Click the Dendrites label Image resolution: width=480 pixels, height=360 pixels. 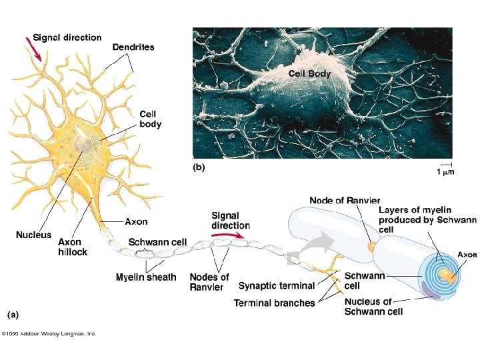coord(133,47)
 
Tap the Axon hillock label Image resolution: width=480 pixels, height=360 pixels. coord(72,247)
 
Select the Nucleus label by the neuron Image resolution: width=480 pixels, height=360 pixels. coord(33,235)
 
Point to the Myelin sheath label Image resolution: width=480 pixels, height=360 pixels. coord(146,277)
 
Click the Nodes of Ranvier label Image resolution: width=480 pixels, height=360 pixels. coord(209,282)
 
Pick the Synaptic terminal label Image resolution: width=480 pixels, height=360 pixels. coord(277,286)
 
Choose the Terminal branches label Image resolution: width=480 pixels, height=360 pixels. coord(274,303)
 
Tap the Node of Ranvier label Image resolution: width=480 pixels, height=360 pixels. coord(345,200)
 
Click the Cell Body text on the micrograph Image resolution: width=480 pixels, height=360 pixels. coord(309,74)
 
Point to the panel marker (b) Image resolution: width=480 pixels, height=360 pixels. coord(199,168)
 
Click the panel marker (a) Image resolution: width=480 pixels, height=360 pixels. coord(13,311)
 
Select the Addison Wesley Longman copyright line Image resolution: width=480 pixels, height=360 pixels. coord(49,333)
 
